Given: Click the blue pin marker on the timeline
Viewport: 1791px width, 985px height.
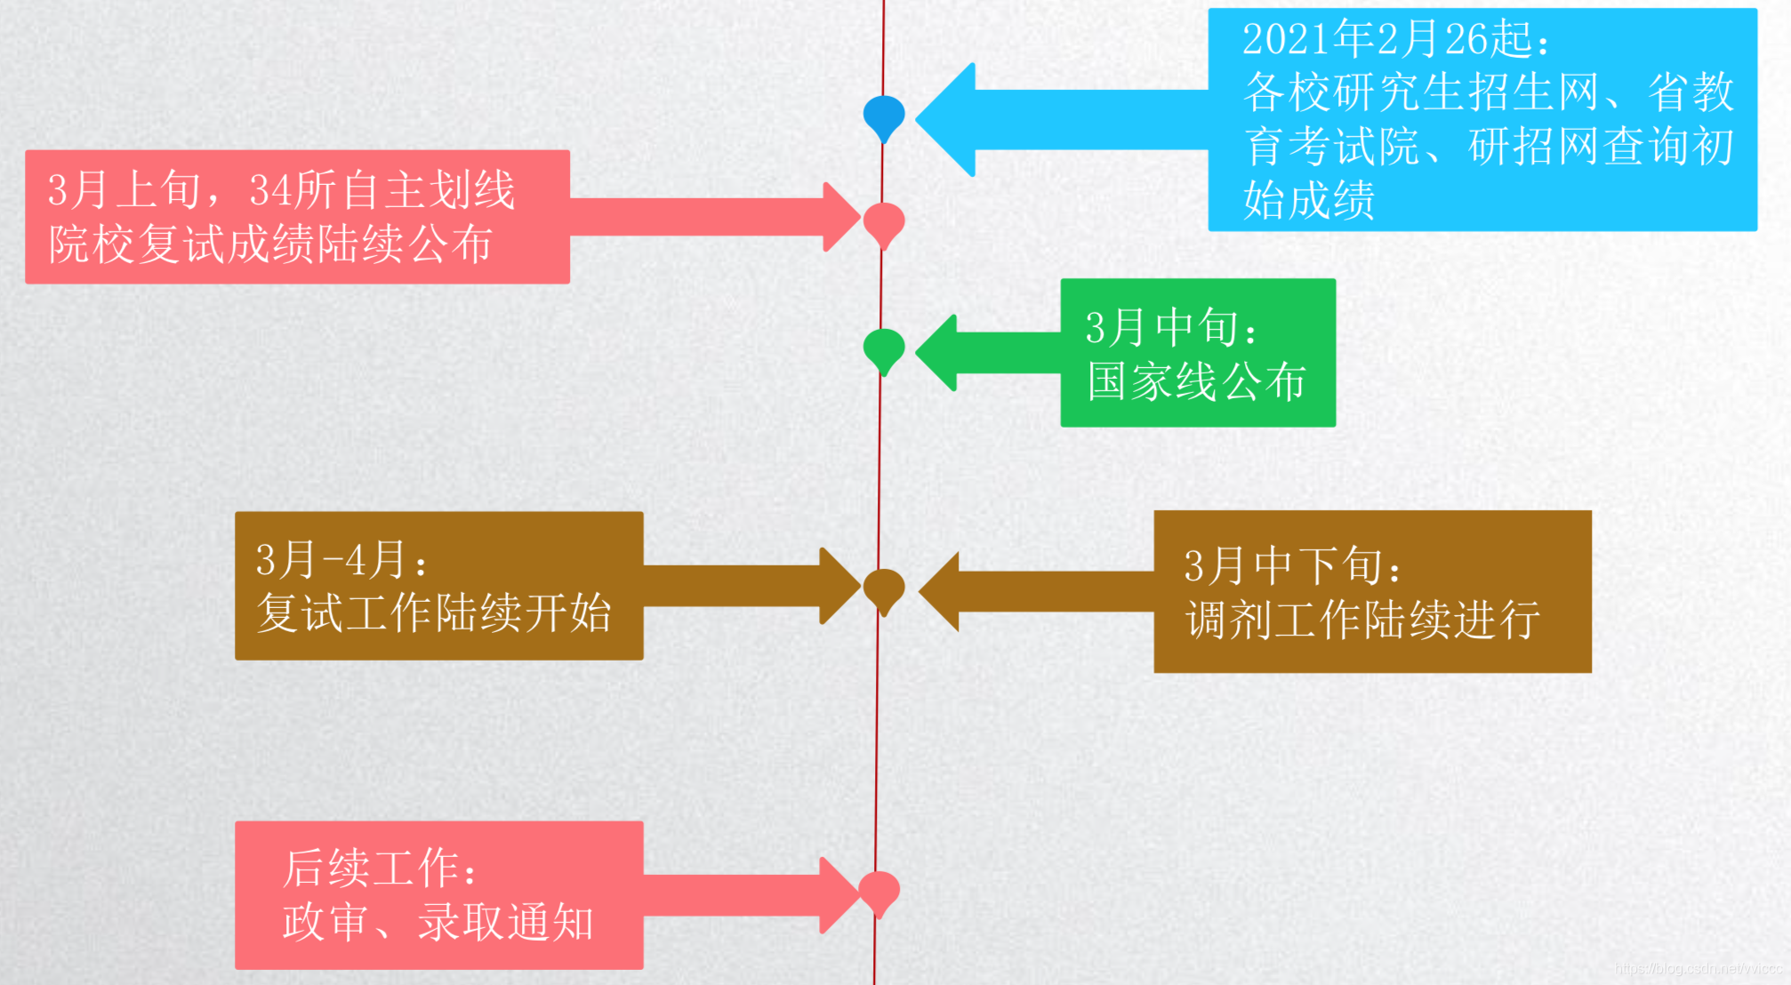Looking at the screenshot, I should point(884,116).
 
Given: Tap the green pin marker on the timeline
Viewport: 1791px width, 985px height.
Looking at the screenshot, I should point(884,348).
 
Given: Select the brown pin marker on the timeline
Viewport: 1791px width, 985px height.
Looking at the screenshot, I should point(884,589).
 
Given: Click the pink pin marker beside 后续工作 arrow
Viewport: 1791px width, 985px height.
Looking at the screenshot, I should point(879,891).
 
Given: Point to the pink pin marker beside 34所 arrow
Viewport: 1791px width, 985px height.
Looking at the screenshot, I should point(884,222).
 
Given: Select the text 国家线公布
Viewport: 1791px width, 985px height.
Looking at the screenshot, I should point(1196,382).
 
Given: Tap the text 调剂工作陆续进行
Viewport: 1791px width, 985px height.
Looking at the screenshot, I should point(1362,620).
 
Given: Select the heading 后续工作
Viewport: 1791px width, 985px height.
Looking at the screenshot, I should point(379,868).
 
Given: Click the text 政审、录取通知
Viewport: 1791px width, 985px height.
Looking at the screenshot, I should point(438,923).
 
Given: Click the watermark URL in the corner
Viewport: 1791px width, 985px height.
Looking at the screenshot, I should point(1698,968).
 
